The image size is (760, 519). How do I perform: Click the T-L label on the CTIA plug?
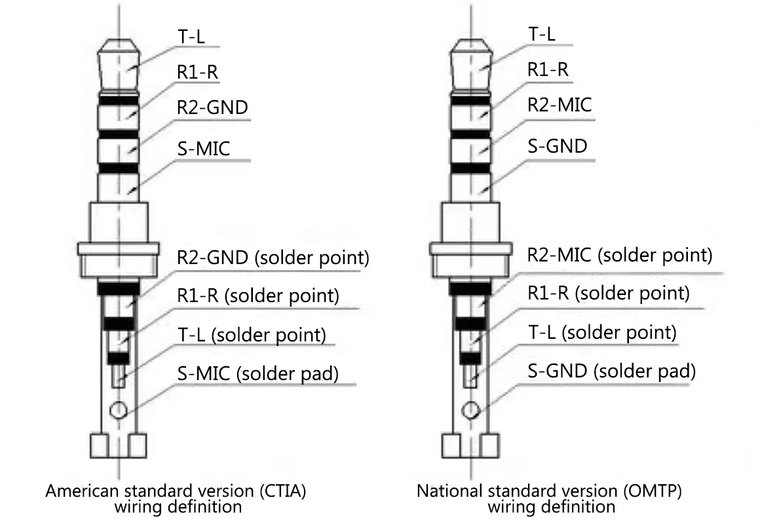191,36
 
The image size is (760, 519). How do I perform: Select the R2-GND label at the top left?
212,107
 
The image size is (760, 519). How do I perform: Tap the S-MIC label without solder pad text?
204,148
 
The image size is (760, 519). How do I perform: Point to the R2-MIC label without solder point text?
560,105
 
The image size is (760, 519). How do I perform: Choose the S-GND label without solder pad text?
558,146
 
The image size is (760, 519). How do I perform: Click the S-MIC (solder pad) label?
258,374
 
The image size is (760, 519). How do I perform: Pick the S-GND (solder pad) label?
612,371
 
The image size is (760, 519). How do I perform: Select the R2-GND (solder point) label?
273,258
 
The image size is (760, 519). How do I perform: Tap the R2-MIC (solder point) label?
620,255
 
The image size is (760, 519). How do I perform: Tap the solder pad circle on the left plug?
119,410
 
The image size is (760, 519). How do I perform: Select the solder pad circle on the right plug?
470,410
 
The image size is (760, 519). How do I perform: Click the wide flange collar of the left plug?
119,249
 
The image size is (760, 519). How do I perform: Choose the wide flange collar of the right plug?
470,249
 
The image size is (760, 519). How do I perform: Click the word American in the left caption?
83,491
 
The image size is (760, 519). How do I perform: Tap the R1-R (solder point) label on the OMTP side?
608,293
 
